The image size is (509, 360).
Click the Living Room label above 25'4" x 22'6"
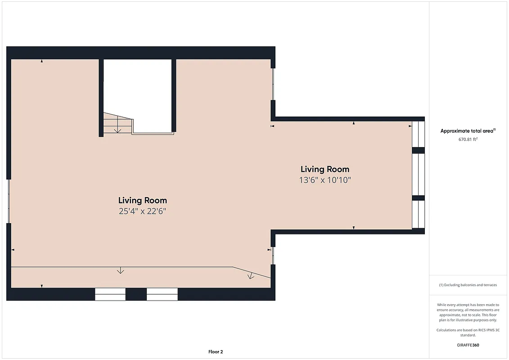tap(143, 200)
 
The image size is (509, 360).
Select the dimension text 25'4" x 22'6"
tap(143, 211)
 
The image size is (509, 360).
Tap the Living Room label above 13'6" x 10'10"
tap(325, 169)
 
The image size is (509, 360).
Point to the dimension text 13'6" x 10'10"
tap(325, 180)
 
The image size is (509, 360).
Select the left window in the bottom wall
tap(110, 294)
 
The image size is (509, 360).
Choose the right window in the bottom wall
tap(162, 294)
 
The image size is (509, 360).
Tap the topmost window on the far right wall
tap(419, 134)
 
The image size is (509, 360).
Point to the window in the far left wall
tap(9, 201)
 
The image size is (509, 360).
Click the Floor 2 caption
tap(216, 351)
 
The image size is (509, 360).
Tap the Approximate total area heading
tap(468, 131)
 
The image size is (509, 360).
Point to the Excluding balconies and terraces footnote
tap(468, 285)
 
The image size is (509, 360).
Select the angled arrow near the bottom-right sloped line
tap(251, 276)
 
